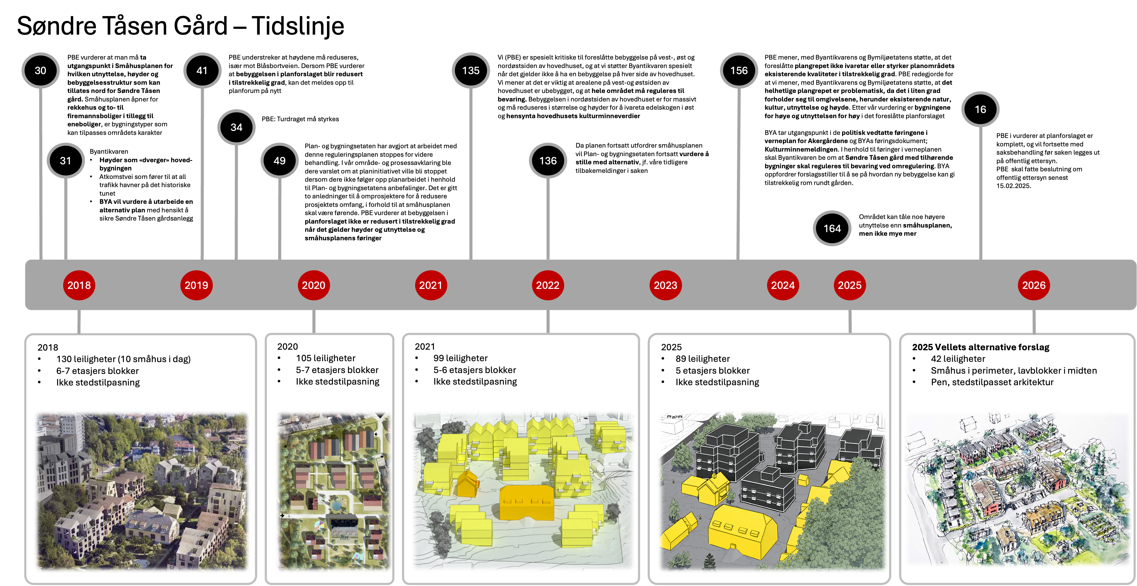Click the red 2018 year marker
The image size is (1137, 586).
point(79,285)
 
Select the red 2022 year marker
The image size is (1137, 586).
point(548,285)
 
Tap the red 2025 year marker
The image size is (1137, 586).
point(850,285)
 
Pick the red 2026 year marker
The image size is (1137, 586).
point(1034,285)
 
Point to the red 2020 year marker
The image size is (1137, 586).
point(313,285)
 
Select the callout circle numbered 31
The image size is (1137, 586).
point(66,161)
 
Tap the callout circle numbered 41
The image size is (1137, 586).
point(202,71)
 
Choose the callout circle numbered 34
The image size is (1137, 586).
point(237,127)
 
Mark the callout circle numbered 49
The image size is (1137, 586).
point(279,161)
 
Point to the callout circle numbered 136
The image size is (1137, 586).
point(548,161)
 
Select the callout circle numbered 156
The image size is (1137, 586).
point(739,71)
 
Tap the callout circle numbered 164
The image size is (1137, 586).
point(832,228)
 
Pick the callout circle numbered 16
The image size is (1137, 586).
point(980,110)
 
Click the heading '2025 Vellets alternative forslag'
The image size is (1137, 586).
point(981,347)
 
